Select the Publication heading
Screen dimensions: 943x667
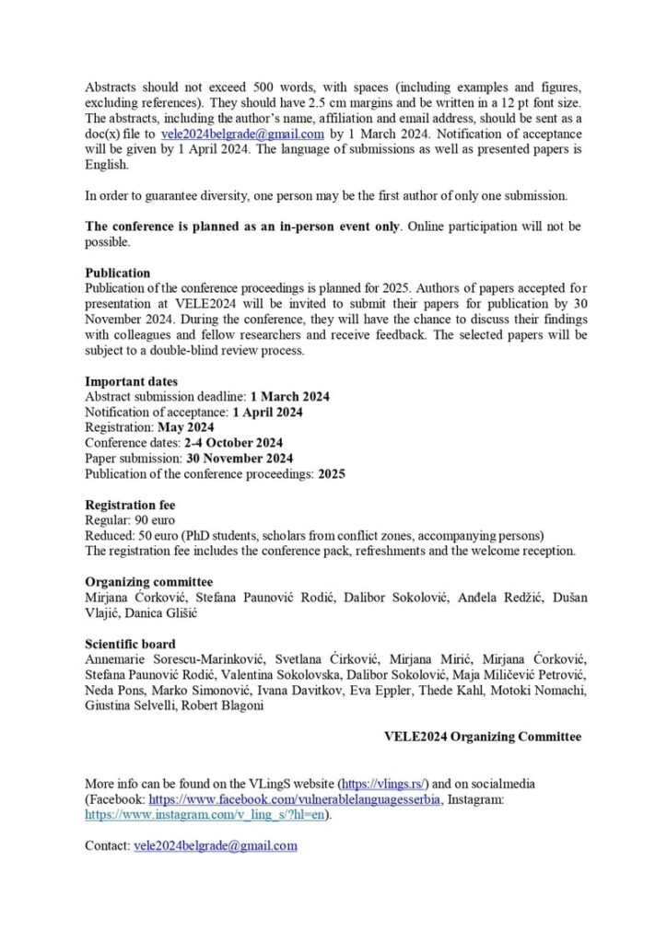118,273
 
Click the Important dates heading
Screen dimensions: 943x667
132,381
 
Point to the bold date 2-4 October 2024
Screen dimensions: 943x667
233,443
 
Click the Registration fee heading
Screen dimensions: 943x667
130,505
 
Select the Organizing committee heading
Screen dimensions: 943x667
148,582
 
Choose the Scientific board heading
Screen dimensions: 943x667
130,644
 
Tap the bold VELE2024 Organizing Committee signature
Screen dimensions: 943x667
483,737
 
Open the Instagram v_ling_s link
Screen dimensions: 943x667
206,814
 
